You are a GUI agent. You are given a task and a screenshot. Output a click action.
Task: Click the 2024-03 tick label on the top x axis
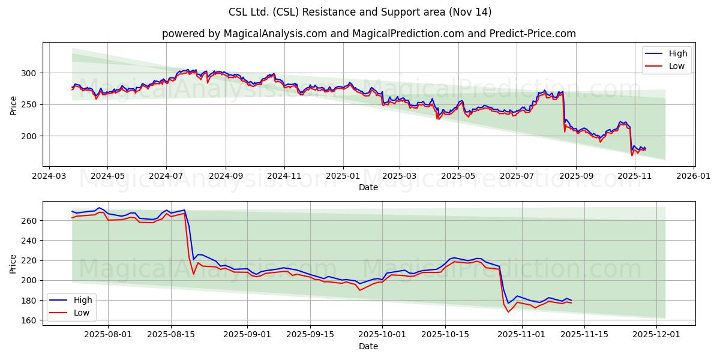click(49, 177)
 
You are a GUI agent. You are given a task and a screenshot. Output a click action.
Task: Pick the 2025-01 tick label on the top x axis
click(343, 177)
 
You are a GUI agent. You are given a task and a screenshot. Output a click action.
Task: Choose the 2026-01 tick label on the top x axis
click(694, 177)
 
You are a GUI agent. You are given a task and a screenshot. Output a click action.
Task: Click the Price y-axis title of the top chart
click(14, 104)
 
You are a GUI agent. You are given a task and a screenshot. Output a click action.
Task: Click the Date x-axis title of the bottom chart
click(368, 347)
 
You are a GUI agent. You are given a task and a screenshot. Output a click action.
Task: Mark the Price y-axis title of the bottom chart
click(14, 263)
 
